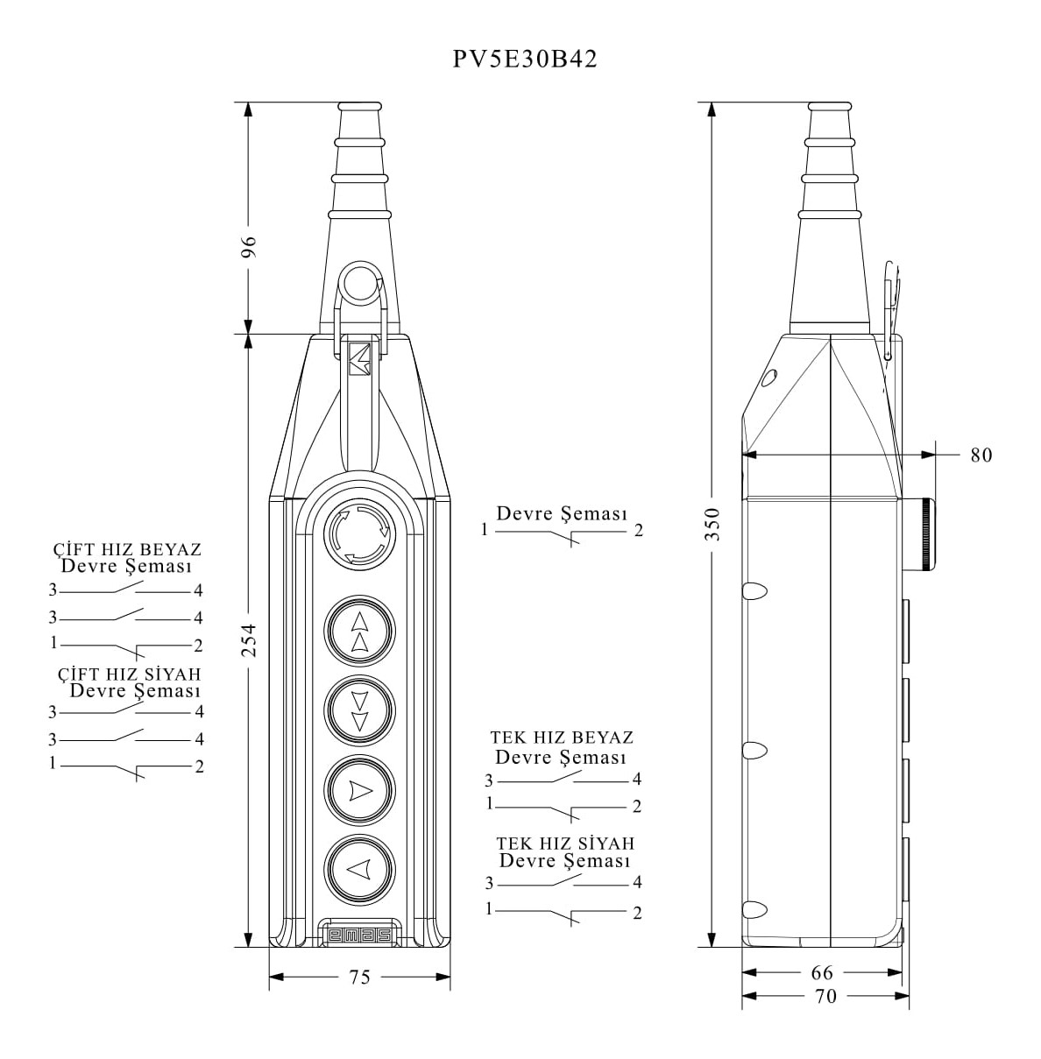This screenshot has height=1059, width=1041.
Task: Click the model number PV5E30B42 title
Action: click(524, 60)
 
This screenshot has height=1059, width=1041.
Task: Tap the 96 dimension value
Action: click(249, 247)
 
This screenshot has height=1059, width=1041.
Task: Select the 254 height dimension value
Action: click(249, 639)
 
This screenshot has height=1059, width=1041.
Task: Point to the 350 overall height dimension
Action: click(712, 525)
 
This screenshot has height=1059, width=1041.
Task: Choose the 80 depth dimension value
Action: click(981, 455)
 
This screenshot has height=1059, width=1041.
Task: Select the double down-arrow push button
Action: click(359, 710)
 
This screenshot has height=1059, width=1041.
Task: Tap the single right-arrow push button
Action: click(359, 790)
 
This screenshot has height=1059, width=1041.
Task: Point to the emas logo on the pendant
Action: click(359, 935)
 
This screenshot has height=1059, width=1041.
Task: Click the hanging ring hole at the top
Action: click(359, 282)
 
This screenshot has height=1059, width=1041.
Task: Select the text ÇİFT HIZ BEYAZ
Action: click(127, 548)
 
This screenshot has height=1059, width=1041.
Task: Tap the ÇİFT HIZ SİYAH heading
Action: click(129, 674)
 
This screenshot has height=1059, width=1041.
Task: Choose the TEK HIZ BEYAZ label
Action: click(562, 737)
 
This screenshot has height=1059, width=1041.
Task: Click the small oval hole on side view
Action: click(768, 378)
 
